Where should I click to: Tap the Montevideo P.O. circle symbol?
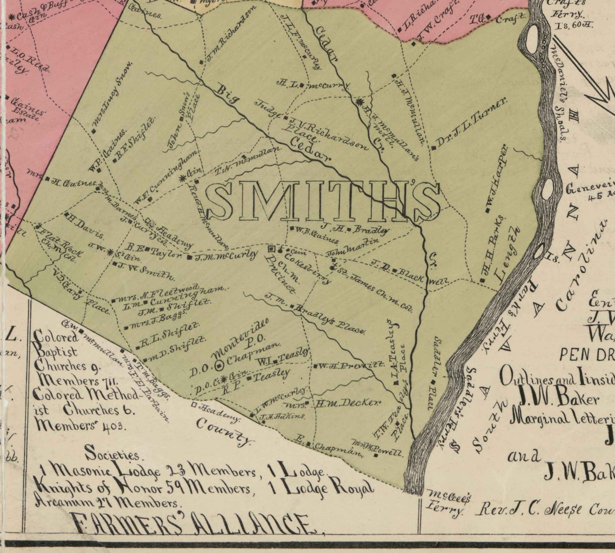220,364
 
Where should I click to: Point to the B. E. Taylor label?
155,251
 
